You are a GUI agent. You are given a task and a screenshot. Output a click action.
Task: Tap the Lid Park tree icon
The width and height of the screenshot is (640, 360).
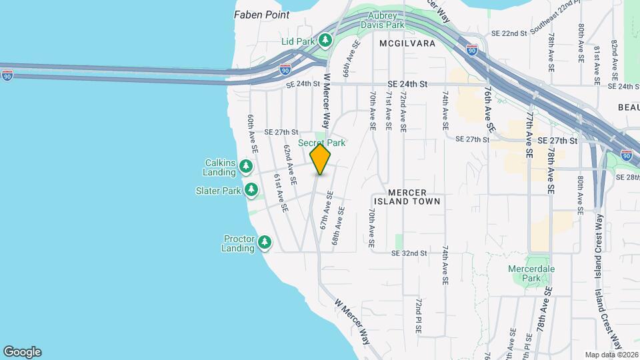(325, 41)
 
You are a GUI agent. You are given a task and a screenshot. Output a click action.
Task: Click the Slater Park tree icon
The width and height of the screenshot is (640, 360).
(251, 191)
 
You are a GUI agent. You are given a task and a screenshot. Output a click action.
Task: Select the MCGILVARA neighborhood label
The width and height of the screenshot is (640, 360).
(407, 43)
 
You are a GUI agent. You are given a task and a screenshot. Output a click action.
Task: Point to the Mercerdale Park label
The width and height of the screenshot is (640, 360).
(540, 273)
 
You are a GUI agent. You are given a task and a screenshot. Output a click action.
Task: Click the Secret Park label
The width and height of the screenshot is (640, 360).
(321, 143)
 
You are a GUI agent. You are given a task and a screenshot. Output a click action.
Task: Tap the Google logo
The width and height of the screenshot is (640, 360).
(22, 352)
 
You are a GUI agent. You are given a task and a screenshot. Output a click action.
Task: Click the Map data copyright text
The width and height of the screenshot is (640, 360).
(611, 355)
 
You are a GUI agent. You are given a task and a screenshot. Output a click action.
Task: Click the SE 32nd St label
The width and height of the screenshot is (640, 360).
(409, 253)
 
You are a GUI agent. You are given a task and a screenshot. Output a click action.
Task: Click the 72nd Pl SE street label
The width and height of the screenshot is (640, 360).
(418, 316)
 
